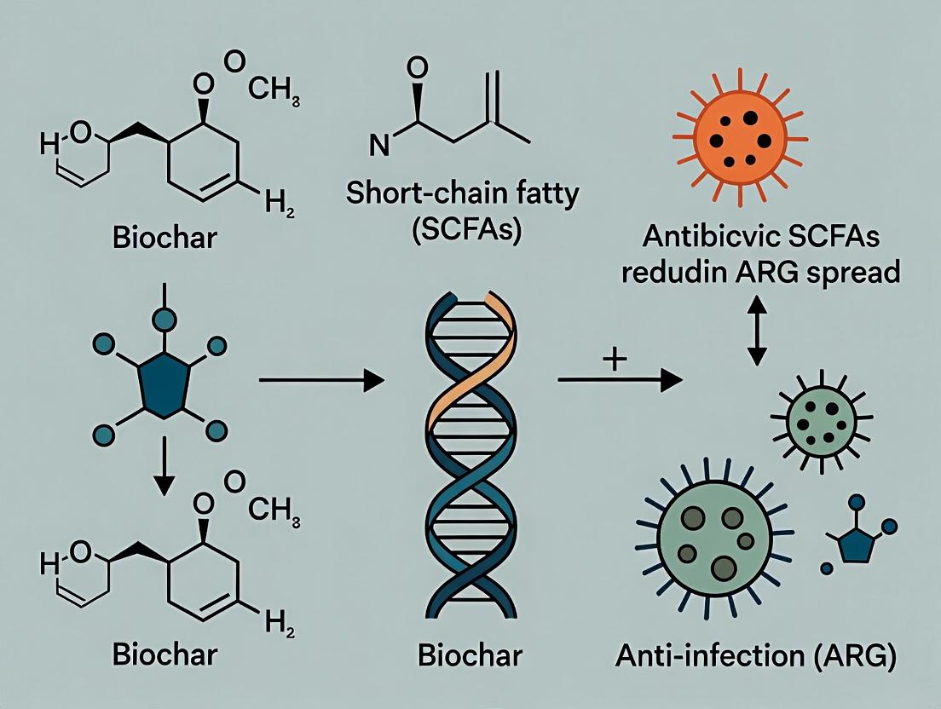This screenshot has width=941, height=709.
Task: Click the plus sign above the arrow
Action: [x=614, y=358]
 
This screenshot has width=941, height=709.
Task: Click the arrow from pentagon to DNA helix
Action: [x=320, y=381]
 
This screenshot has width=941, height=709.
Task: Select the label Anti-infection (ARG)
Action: [x=756, y=658]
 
